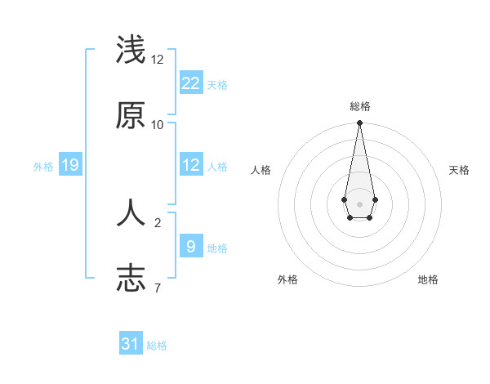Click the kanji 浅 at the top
coord(131,51)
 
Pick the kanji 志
coord(131,279)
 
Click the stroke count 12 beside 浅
coord(158,60)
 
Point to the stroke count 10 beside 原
coord(158,124)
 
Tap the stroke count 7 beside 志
coord(158,288)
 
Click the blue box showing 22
coord(190,83)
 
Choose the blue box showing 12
coord(190,165)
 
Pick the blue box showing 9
coord(190,246)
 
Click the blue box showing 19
coord(69,165)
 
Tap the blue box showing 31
coord(131,344)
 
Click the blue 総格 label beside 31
coord(157,346)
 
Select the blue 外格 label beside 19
coord(43,167)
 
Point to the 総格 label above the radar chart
coord(359,106)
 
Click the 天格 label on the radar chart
coord(459,170)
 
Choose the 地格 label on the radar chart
coord(428,279)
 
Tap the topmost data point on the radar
coord(359,123)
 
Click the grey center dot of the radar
coord(359,203)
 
